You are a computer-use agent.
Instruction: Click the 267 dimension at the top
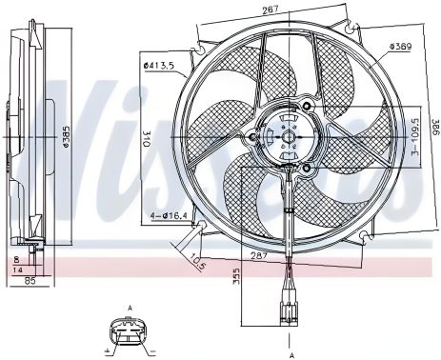point(271,10)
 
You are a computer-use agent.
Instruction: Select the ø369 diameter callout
point(401,47)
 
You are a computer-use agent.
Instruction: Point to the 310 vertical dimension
point(147,139)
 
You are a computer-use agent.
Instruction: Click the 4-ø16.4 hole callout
point(169,216)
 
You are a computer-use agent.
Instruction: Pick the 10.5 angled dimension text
point(197,262)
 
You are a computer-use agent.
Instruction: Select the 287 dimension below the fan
point(258,255)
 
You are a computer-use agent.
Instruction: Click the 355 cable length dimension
point(235,276)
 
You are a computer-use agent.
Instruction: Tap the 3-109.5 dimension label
point(415,137)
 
